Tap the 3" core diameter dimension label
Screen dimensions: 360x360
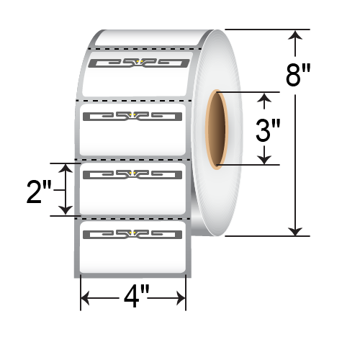(269, 131)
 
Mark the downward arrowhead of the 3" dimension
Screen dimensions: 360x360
(267, 160)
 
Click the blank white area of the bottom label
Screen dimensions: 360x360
(133, 256)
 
